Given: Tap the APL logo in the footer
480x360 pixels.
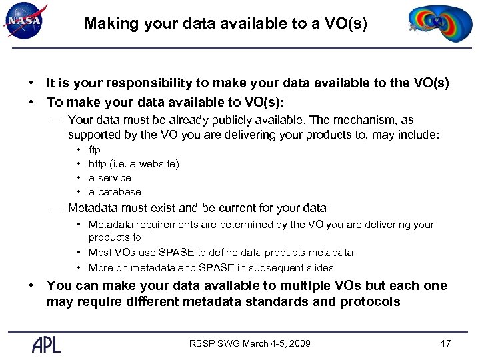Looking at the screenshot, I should [47, 343].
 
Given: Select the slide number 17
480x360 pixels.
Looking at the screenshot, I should [446, 343].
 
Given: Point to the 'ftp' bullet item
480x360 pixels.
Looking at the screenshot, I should [95, 150].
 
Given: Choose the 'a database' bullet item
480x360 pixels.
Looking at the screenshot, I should [115, 192].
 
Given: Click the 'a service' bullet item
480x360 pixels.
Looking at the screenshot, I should [110, 178].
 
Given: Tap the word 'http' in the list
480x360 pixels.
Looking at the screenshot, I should [97, 164].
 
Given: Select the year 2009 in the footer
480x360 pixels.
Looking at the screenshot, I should [299, 343].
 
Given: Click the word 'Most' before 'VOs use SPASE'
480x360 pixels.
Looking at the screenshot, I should [100, 253].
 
